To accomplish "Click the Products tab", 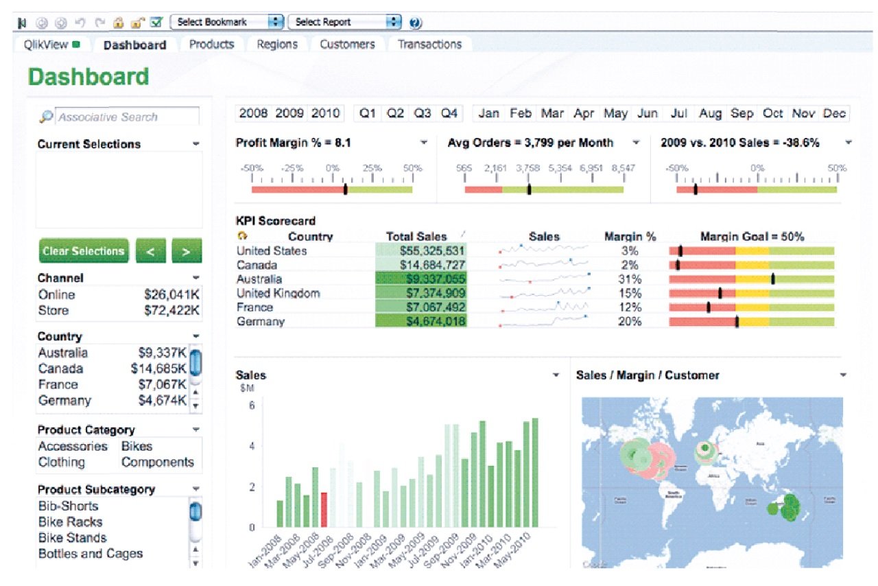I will pyautogui.click(x=211, y=45).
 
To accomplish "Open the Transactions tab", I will pyautogui.click(x=429, y=45).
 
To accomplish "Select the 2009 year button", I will pyautogui.click(x=289, y=114).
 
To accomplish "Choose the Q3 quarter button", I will pyautogui.click(x=422, y=114).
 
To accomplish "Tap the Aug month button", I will pyautogui.click(x=711, y=114).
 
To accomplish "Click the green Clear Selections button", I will pyautogui.click(x=83, y=251).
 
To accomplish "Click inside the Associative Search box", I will pyautogui.click(x=127, y=117).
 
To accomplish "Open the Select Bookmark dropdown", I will pyautogui.click(x=226, y=22).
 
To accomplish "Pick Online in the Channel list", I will pyautogui.click(x=57, y=295).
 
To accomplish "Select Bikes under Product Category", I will pyautogui.click(x=137, y=447).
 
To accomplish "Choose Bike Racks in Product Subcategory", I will pyautogui.click(x=70, y=522).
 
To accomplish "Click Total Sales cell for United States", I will pyautogui.click(x=421, y=251).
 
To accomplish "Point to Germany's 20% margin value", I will pyautogui.click(x=629, y=322).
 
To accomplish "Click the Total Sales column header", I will pyautogui.click(x=416, y=237).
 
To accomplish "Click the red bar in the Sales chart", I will pyautogui.click(x=324, y=509).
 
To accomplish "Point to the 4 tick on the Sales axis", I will pyautogui.click(x=251, y=446).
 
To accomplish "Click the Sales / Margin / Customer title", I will pyautogui.click(x=648, y=375).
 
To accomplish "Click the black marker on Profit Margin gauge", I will pyautogui.click(x=345, y=189).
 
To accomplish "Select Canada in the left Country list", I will pyautogui.click(x=62, y=369).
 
